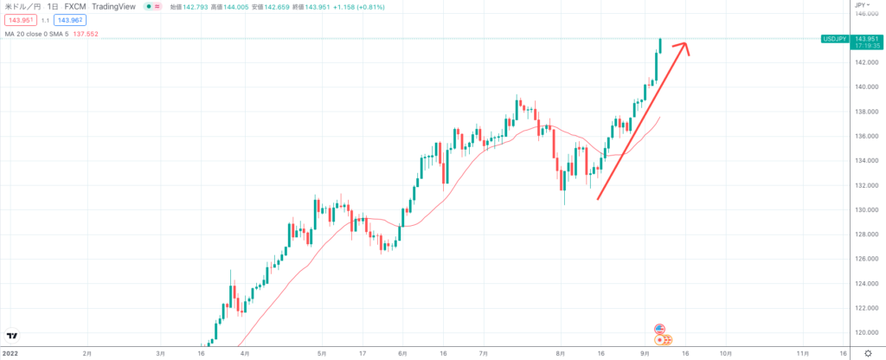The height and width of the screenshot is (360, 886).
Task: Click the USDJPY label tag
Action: pos(835,38)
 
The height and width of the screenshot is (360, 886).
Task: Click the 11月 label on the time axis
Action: pos(803,353)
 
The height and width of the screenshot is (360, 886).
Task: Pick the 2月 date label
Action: pos(87,353)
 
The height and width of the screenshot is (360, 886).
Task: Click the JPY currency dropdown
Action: pos(861,5)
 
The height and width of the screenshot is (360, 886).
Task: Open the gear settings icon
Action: pos(869,353)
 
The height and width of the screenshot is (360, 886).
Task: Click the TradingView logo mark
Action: pos(13,336)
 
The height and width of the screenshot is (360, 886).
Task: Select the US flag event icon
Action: pos(659,329)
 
